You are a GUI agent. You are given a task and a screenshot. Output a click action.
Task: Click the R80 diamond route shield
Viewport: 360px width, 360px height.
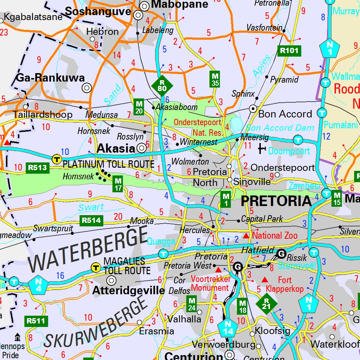[x=162, y=85]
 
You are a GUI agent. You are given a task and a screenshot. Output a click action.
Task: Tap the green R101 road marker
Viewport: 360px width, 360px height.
[x=289, y=51]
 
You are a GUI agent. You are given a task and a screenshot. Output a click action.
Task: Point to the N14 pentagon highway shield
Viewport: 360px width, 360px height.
[x=227, y=328]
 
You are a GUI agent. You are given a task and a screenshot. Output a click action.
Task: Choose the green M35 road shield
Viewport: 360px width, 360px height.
[x=215, y=79]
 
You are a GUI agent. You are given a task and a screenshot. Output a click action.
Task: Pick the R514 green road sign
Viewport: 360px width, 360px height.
[x=92, y=221]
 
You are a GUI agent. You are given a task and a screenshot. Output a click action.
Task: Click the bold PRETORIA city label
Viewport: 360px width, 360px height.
[x=276, y=201]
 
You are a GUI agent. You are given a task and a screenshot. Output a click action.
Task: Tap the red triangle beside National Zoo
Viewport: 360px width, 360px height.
[x=246, y=235]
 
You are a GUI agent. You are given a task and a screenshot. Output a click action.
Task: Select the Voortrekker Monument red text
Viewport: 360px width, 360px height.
[x=211, y=283]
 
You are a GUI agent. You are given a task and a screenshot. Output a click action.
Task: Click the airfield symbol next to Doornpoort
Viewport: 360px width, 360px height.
[x=262, y=149]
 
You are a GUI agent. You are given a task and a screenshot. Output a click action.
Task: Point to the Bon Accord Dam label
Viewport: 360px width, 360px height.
[x=280, y=128]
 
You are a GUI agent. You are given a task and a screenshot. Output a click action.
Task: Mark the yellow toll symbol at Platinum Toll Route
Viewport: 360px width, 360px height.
[x=56, y=159]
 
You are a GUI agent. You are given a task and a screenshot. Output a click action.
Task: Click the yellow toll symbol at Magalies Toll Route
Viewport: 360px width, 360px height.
[x=95, y=267]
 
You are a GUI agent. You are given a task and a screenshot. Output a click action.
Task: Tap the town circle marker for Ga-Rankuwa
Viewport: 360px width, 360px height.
[x=86, y=88]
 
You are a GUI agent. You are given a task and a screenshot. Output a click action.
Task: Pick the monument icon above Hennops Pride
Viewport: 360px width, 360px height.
[x=17, y=337]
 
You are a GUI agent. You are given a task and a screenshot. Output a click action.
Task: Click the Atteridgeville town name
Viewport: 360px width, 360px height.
[x=128, y=290]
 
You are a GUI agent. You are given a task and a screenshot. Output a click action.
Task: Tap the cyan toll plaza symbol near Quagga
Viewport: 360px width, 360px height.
[x=163, y=253]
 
